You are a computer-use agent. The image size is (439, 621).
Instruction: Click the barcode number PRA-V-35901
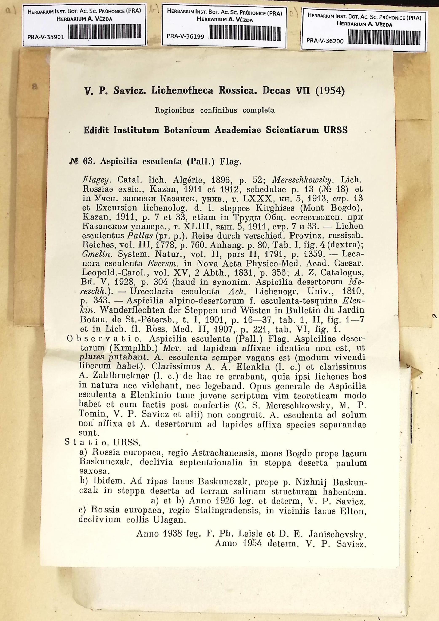pos(46,37)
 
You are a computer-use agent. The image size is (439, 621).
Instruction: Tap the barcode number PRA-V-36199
pos(185,36)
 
